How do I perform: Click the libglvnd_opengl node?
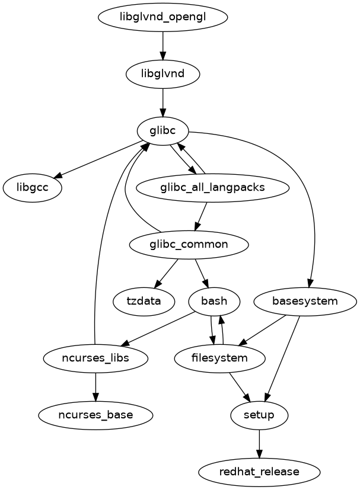click(x=163, y=17)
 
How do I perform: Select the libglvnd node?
click(x=163, y=74)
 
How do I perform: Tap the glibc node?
click(x=163, y=131)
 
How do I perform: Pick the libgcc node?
click(x=33, y=188)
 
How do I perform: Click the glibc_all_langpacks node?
click(x=212, y=188)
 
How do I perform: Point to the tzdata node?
click(x=144, y=301)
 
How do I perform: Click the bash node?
click(x=214, y=301)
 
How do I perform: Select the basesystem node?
click(x=305, y=301)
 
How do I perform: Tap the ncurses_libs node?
click(x=95, y=358)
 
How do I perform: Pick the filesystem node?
click(x=220, y=358)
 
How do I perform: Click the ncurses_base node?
click(x=95, y=415)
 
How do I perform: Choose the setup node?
click(x=259, y=415)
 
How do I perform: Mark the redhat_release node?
click(x=259, y=472)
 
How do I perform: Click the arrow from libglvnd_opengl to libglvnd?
click(x=163, y=45)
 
